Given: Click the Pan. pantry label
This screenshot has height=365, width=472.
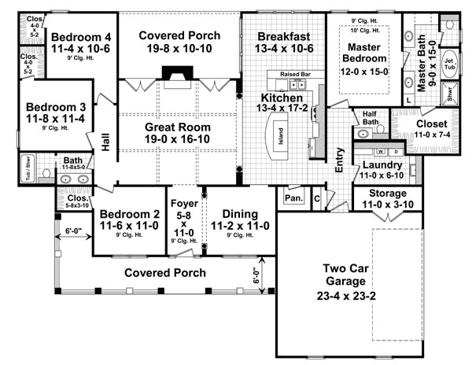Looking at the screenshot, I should tap(293, 199).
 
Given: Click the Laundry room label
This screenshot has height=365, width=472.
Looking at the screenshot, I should tap(382, 166).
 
